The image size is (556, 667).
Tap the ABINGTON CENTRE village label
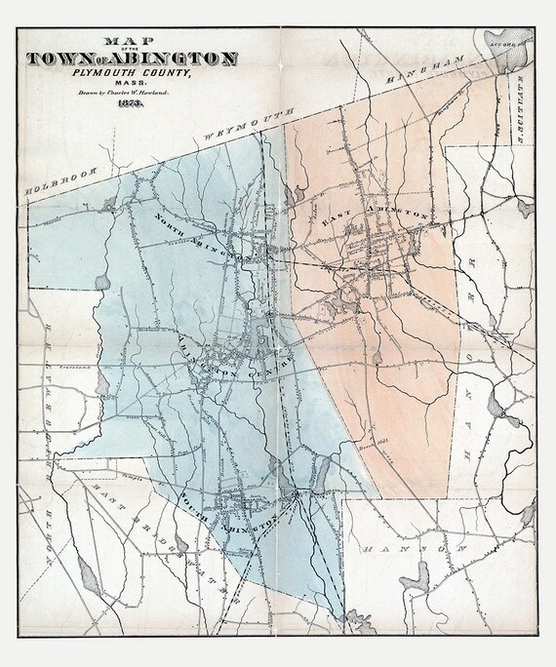click(x=234, y=356)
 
